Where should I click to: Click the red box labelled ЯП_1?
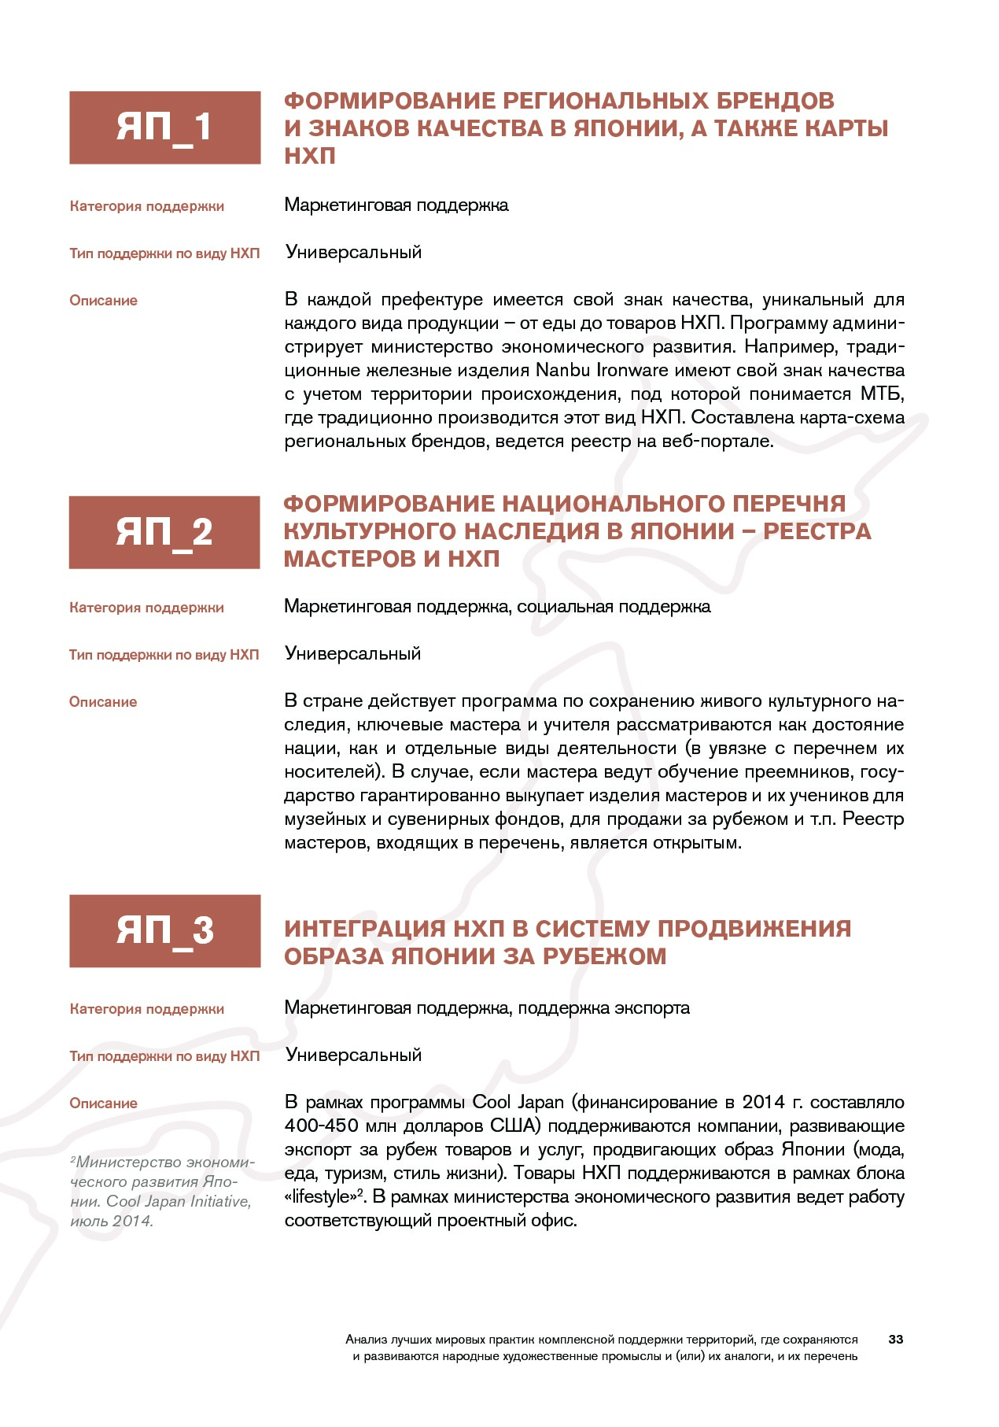coord(164,128)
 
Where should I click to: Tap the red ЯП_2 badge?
coord(164,532)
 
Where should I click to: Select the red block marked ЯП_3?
coord(164,930)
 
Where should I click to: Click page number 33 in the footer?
coord(895,1339)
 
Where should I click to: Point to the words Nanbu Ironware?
coord(602,370)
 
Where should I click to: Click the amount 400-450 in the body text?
coord(321,1126)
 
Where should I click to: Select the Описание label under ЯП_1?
coord(103,301)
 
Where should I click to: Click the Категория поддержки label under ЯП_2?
coord(146,608)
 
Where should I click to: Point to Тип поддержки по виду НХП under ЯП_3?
coord(164,1056)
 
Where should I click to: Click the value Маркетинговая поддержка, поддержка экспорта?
coord(487,1008)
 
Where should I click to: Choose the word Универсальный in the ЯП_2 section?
coord(352,654)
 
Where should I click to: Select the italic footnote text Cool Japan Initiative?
coord(179,1202)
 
